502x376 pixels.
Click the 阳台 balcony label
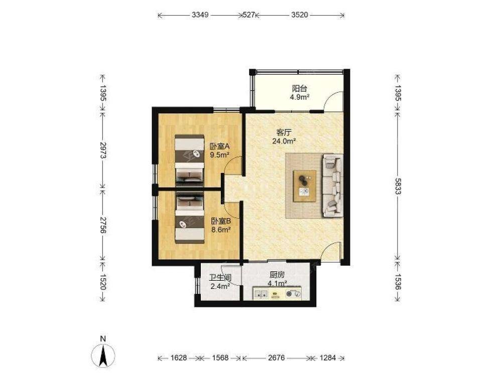point(299,88)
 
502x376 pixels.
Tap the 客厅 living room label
point(283,132)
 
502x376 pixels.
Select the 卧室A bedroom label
point(220,146)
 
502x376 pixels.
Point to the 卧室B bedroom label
point(221,221)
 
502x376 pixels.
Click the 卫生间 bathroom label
point(220,278)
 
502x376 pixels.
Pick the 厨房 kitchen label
point(277,275)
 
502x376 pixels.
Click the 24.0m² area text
point(284,141)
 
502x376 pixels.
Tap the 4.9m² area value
point(299,97)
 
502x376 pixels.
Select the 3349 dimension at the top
point(200,15)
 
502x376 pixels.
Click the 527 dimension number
point(249,15)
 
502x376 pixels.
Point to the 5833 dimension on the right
point(398,186)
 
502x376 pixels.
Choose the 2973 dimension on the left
point(102,150)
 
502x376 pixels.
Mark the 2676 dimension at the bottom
point(276,358)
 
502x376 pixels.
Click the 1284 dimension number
point(327,358)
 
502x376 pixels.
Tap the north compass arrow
point(103,356)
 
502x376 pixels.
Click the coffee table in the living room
point(305,186)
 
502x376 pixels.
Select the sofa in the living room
point(333,185)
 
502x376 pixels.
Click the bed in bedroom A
point(190,160)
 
